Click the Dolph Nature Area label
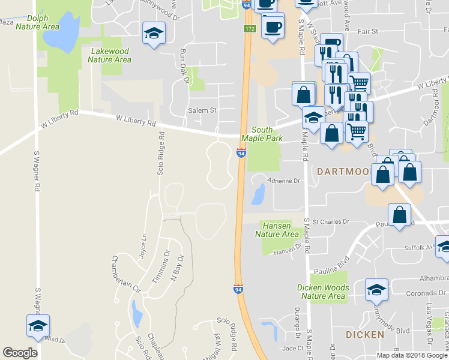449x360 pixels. coord(37,23)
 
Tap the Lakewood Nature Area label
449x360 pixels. coord(110,55)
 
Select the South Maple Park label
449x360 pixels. coord(262,134)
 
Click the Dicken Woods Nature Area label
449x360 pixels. coord(322,292)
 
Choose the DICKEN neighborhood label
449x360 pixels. coord(364,334)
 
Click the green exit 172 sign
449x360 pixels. coord(250,29)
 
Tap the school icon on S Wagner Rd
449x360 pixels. coord(38,326)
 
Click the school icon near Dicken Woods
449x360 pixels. coord(376,290)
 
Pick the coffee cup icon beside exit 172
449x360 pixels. coord(273,28)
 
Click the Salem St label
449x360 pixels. coord(203,110)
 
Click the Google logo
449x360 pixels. coord(20,353)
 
